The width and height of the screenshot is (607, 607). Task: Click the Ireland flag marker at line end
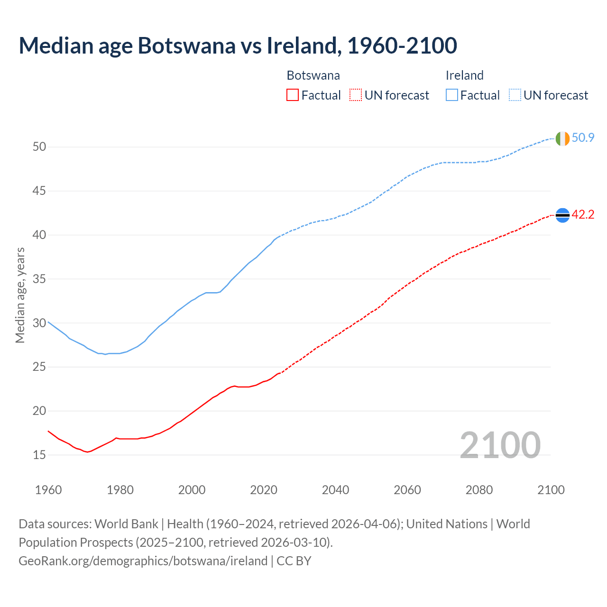point(562,138)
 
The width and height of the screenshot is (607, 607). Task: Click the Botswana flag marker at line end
point(562,215)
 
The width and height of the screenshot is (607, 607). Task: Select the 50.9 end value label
point(583,138)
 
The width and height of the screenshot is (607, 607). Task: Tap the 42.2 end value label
point(583,215)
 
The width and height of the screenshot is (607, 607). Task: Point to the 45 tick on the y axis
point(39,191)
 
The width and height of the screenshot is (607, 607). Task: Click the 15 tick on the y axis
point(39,455)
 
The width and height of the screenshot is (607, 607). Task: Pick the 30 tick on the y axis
point(39,323)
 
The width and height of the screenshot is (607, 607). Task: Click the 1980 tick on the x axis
point(120,490)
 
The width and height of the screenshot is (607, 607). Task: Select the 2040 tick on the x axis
point(335,490)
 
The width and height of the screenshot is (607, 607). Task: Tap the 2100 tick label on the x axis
point(551,490)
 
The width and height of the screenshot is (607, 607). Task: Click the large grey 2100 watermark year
point(500,445)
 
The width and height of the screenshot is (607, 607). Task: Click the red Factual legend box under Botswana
point(293,95)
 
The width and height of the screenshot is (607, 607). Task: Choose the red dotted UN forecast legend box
point(356,95)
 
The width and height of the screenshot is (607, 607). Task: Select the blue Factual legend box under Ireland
point(452,95)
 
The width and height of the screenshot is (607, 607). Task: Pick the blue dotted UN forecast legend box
point(515,95)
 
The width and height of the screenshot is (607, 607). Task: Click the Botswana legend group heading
point(313,75)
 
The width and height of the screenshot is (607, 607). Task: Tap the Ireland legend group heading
point(464,75)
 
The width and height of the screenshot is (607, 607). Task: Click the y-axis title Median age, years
point(20,295)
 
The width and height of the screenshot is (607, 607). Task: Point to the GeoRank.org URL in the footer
point(143,561)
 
